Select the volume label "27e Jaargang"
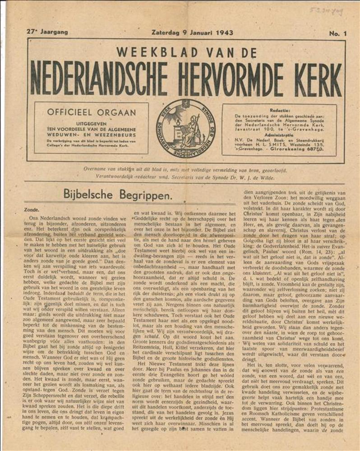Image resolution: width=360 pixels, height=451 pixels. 47,32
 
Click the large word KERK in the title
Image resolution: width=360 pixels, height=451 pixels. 314,79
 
